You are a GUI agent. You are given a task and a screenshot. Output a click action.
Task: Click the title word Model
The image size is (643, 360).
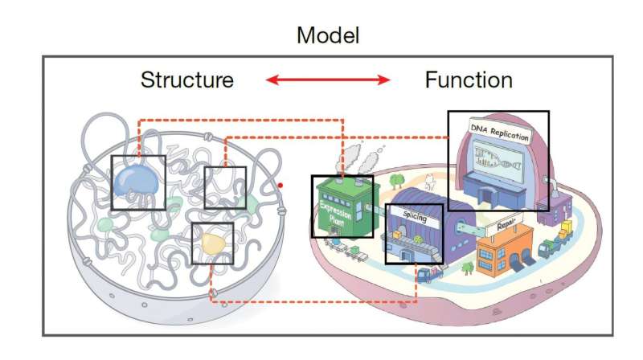pyautogui.click(x=327, y=35)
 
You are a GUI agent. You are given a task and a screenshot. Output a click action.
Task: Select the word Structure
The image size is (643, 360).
pyautogui.click(x=186, y=80)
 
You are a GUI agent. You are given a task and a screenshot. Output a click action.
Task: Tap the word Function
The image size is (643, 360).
pyautogui.click(x=469, y=80)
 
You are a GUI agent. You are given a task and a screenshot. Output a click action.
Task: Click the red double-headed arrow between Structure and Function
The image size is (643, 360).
pyautogui.click(x=328, y=80)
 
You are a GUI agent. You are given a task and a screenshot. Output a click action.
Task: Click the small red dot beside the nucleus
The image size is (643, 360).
pyautogui.click(x=281, y=186)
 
